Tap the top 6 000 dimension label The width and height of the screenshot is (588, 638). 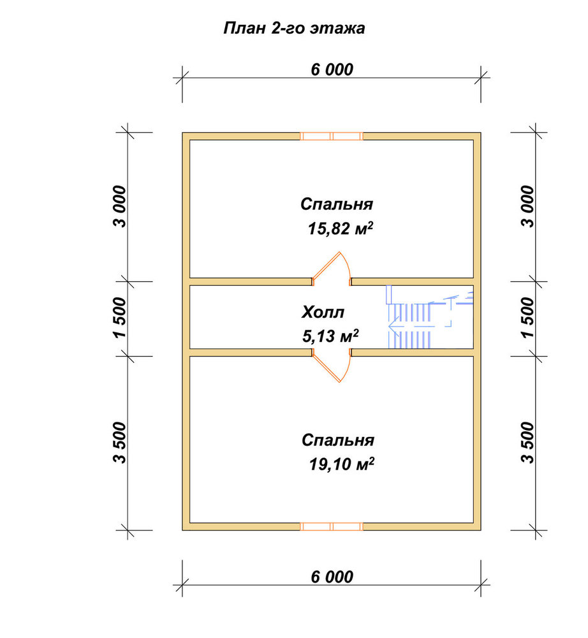pos(332,70)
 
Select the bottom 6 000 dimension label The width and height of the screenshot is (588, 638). pos(332,577)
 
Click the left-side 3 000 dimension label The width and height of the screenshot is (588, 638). pos(120,206)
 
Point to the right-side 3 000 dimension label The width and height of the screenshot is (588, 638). pos(527,206)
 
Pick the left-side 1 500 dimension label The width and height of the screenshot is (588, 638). pos(120,318)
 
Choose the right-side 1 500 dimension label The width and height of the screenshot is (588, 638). pos(527,318)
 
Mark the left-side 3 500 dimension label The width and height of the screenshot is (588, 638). pos(120,443)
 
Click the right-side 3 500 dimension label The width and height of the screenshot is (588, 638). pos(527,443)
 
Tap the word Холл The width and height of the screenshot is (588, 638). pos(323,312)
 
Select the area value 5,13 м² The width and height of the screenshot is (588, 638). pos(330,336)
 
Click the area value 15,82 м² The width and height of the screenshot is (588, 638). pos(341,228)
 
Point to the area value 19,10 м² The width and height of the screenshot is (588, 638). pos(342,464)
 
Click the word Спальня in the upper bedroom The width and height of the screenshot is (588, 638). pos(337,204)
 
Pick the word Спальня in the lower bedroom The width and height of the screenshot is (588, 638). pos(338,440)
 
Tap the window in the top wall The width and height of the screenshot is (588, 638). pos(332,136)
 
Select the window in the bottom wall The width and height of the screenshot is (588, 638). pos(332,526)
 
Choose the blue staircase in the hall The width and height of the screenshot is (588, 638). pos(429,316)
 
